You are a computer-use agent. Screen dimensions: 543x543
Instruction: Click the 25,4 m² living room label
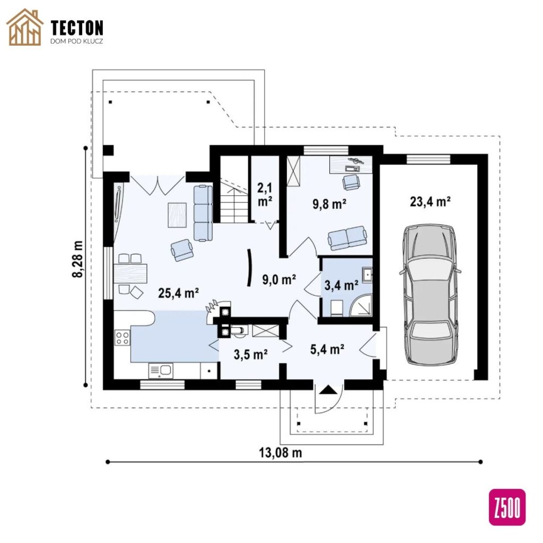pos(178,293)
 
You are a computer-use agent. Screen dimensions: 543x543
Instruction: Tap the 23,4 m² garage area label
pos(430,202)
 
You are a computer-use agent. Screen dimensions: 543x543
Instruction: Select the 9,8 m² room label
pos(330,204)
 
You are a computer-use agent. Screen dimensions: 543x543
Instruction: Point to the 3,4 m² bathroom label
pos(341,285)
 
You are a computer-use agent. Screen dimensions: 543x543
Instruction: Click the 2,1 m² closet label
pos(265,195)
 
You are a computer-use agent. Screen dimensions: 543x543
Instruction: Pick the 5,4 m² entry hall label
pos(327,349)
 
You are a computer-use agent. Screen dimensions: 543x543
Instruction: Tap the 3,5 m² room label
pos(250,354)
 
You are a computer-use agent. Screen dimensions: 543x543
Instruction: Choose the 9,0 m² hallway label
pos(279,279)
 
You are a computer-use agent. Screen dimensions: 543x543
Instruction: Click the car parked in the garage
pos(431,295)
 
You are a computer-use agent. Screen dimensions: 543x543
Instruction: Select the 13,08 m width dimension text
pos(281,452)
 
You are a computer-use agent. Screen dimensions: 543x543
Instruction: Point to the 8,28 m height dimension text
pos(78,259)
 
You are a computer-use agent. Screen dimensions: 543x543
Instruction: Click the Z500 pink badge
pos(507,507)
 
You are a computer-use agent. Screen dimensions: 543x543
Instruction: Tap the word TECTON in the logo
pos(77,28)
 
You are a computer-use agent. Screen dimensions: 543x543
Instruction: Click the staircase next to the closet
pos(234,190)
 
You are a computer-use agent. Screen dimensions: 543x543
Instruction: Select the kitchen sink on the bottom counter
pos(161,371)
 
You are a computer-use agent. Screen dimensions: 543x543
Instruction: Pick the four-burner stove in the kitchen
pos(122,338)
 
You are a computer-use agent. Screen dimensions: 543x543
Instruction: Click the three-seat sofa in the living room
pos(203,213)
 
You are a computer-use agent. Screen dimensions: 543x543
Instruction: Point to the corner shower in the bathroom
pos(361,305)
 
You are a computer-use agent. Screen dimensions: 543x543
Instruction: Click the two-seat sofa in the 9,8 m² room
pos(347,238)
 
